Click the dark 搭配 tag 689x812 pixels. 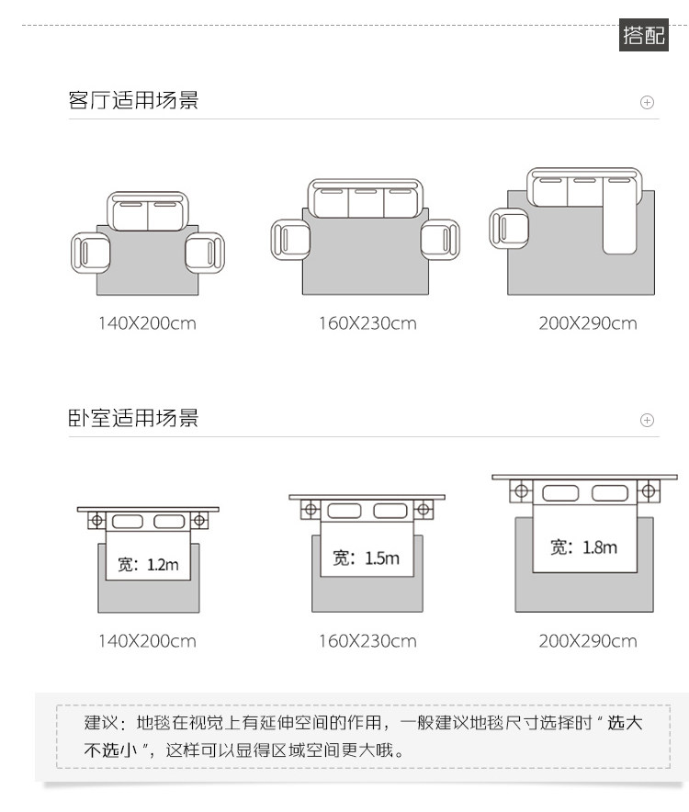tap(644, 37)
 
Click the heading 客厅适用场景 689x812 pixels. tap(133, 100)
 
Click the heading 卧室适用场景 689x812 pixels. tap(133, 419)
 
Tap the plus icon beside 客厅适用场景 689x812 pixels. tap(647, 102)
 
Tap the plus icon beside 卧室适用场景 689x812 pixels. tap(647, 421)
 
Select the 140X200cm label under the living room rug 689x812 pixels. tap(147, 323)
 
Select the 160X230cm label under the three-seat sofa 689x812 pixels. tap(367, 323)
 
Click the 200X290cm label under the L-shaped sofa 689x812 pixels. tap(588, 323)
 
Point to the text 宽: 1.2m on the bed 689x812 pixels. tap(148, 564)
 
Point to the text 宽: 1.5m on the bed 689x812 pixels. tap(367, 558)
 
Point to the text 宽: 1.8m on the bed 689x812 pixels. tap(584, 547)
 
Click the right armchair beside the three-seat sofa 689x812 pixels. tap(440, 238)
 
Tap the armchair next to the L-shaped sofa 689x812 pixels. tap(509, 228)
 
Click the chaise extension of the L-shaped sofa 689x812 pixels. tap(620, 220)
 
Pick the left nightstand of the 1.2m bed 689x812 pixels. tap(96, 521)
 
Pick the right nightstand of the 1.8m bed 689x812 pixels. tap(649, 491)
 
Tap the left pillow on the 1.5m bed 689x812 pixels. tap(344, 510)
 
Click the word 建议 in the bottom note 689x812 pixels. tap(101, 722)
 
